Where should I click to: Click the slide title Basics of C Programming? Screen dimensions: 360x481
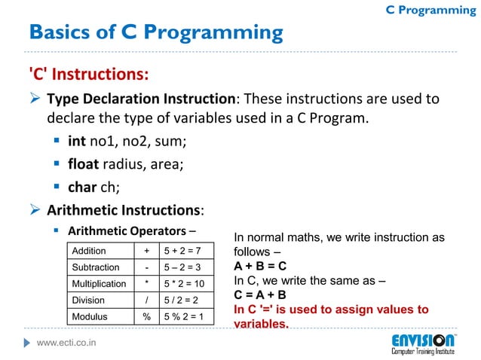(x=156, y=33)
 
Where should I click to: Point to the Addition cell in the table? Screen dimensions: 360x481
(x=89, y=251)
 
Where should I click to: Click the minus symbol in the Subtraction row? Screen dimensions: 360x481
(x=146, y=267)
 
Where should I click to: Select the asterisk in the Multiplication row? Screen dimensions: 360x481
(x=146, y=284)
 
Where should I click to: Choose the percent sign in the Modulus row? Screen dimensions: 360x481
(x=146, y=317)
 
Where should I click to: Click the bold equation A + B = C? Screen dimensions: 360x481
(x=260, y=267)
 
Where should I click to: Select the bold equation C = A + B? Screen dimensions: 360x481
(x=260, y=295)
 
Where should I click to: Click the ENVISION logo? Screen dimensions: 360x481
(x=422, y=343)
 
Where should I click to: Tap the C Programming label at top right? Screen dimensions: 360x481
(x=430, y=10)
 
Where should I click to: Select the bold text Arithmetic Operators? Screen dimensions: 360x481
(x=127, y=230)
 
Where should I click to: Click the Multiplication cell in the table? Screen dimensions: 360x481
(x=99, y=284)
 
